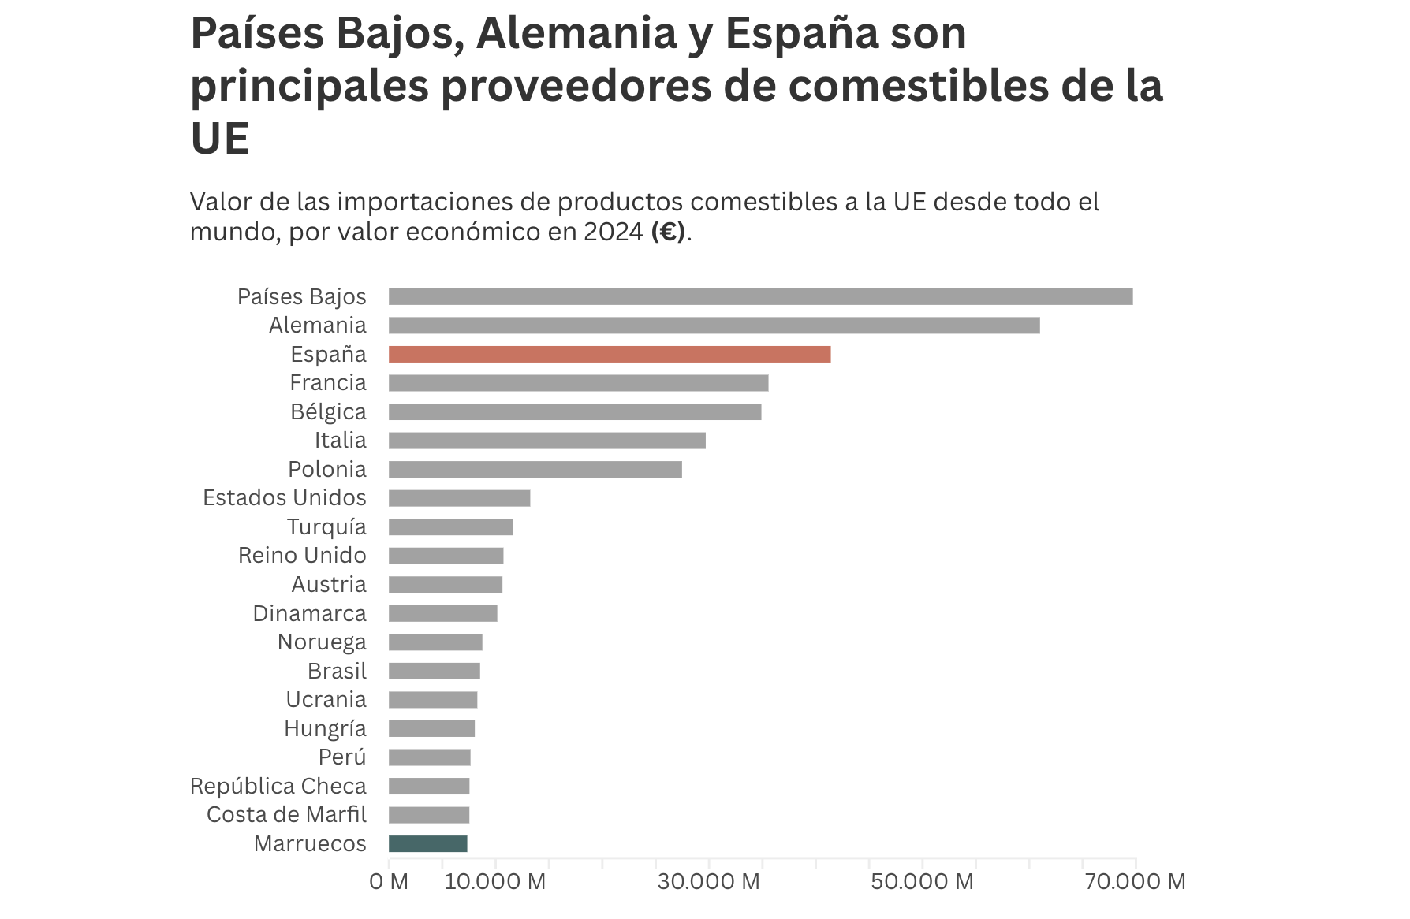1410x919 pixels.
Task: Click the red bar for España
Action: (x=609, y=355)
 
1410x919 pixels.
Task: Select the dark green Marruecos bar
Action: (x=427, y=844)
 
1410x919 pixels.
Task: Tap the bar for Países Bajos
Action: (x=760, y=297)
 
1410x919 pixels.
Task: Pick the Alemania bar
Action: (x=714, y=326)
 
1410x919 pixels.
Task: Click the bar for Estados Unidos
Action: (x=459, y=498)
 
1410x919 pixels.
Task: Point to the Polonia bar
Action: (x=535, y=470)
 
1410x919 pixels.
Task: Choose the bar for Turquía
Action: (x=450, y=527)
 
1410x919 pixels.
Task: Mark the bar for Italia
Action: (x=546, y=441)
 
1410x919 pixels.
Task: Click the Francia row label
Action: (x=328, y=383)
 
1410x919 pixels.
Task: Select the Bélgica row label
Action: (x=328, y=412)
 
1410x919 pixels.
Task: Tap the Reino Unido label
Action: (x=302, y=556)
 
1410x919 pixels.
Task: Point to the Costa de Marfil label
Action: (x=286, y=815)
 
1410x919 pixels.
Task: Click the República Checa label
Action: (x=278, y=787)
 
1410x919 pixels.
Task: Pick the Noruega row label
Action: (x=322, y=642)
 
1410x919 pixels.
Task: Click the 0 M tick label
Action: (x=389, y=881)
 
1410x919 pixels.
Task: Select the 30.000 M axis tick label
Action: (x=708, y=881)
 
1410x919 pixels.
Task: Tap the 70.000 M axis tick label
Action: (x=1135, y=881)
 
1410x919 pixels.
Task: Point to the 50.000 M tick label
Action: (x=922, y=881)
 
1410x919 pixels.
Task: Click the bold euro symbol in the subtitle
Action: (x=668, y=233)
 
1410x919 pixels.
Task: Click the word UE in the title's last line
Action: (x=220, y=139)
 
